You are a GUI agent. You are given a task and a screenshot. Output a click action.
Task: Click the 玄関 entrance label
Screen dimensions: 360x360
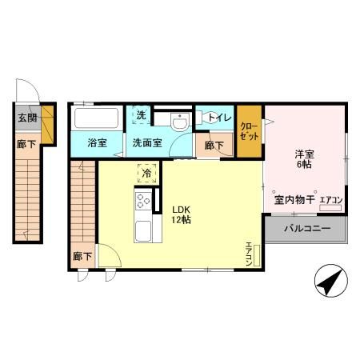click(27, 118)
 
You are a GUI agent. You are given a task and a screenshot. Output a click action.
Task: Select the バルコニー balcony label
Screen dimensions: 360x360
click(307, 229)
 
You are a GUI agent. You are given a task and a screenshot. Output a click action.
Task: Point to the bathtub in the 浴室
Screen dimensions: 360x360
click(96, 118)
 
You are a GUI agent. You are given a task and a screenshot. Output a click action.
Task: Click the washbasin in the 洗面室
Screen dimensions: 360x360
click(179, 122)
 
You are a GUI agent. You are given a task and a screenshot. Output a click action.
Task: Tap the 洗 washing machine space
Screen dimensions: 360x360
click(141, 115)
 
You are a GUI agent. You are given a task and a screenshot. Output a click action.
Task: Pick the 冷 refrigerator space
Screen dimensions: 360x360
click(146, 174)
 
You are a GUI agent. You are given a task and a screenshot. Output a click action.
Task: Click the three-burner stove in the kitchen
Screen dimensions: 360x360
click(143, 201)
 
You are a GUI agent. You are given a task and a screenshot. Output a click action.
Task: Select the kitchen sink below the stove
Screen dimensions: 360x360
click(143, 231)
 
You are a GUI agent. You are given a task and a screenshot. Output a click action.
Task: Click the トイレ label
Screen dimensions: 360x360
click(219, 118)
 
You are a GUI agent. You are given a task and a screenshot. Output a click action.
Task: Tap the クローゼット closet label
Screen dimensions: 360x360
click(249, 131)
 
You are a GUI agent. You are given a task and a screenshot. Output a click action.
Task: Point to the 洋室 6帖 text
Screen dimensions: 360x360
click(304, 159)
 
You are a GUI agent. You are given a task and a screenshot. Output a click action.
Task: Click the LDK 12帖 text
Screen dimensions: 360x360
click(181, 214)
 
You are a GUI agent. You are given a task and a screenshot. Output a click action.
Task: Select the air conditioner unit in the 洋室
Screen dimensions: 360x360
click(330, 208)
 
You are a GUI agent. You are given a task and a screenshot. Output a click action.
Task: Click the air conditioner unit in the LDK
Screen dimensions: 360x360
click(257, 256)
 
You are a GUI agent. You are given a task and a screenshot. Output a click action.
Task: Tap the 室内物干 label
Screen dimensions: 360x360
click(294, 200)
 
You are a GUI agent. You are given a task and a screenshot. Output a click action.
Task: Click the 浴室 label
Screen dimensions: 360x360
click(97, 143)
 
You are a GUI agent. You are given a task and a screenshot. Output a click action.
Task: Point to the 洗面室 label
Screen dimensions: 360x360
click(147, 143)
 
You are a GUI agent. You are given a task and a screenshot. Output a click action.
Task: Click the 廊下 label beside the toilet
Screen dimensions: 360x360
click(214, 146)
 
